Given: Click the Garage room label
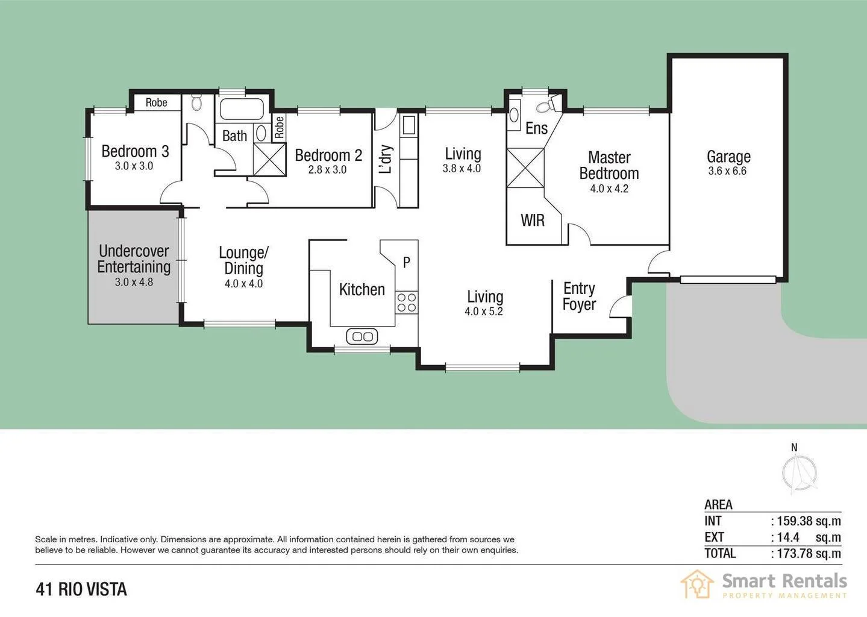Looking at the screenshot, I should [728, 157].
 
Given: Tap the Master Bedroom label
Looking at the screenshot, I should [609, 166].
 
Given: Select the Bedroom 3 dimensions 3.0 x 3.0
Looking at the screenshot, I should [134, 166].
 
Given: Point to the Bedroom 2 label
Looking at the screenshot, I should [328, 155].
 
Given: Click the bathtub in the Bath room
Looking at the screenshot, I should [242, 109].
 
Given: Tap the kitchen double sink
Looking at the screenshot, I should [362, 336].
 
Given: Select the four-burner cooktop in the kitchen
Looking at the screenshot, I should [407, 302].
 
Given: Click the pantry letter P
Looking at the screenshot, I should [407, 263].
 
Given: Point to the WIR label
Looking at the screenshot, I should [533, 221].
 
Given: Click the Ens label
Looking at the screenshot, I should [536, 128].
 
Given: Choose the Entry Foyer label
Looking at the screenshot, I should [579, 296].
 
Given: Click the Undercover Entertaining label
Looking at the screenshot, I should [134, 259].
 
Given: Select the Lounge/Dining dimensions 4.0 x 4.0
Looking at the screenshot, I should [243, 284].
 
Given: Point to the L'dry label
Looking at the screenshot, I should [386, 159].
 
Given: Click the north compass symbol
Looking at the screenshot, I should [799, 472].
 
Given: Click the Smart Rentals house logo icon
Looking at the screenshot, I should [697, 584].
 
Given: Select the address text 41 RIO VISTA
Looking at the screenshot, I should [81, 589].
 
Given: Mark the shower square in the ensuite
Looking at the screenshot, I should [525, 168].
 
